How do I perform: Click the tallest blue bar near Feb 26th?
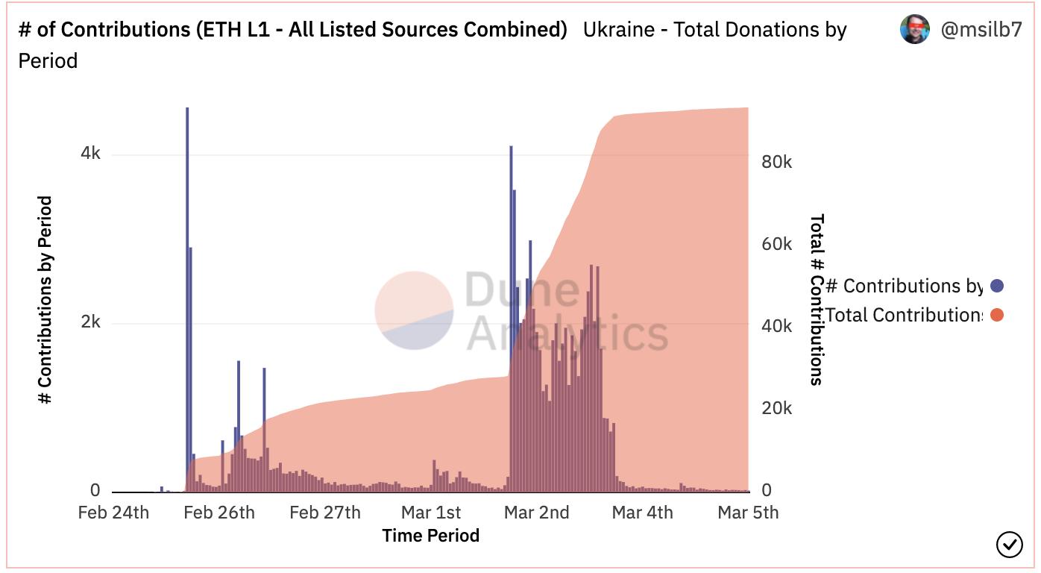click(187, 298)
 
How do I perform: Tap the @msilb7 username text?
click(981, 30)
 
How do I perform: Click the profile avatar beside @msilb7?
click(915, 30)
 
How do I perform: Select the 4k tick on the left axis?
click(91, 154)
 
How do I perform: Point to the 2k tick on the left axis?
click(91, 322)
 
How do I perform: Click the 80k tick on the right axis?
click(777, 163)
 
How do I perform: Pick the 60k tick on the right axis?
click(777, 245)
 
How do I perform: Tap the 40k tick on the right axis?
click(777, 327)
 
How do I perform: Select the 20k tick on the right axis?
click(777, 409)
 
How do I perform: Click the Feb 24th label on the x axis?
click(113, 513)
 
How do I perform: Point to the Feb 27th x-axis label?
click(325, 513)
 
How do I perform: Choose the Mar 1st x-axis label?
click(431, 513)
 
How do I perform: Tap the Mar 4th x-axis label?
click(642, 513)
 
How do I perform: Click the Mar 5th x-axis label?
click(748, 513)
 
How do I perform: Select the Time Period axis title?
click(430, 535)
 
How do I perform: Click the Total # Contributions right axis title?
click(817, 299)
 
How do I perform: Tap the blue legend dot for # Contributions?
click(997, 286)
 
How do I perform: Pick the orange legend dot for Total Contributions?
click(997, 315)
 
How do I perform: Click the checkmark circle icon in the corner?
click(1010, 545)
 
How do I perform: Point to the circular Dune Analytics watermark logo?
click(414, 310)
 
